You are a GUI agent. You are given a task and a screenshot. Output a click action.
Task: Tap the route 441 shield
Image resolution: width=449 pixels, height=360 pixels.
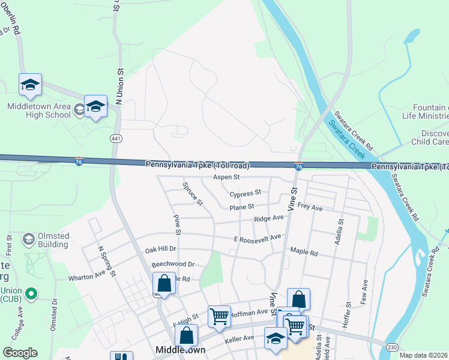coord(115,139)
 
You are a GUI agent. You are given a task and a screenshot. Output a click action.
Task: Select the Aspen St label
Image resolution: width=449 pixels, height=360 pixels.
coord(226,178)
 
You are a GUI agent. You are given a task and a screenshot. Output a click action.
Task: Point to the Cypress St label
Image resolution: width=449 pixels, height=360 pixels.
coord(246,193)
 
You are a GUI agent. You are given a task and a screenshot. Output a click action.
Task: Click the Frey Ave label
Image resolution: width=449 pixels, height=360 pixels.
coord(310,208)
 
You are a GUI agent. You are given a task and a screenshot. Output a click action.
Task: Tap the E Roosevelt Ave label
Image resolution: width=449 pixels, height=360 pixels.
coord(258,238)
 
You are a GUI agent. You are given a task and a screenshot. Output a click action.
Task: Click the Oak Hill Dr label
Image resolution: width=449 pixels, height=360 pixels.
coord(160,249)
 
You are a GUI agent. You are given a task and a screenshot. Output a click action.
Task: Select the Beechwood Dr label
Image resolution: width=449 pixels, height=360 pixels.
coord(173,264)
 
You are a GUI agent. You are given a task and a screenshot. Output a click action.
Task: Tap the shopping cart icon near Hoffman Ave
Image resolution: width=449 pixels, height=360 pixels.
coord(219,316)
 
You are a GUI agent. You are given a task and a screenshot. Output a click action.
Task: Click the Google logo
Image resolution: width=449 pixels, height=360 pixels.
coord(20,353)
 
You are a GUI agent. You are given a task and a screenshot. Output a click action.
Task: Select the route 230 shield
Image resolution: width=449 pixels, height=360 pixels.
coord(391,347)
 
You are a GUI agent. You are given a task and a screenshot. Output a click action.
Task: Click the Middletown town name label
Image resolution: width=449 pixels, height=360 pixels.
coord(180,349)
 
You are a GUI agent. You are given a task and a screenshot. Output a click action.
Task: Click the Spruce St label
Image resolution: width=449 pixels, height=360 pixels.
coord(193,193)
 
